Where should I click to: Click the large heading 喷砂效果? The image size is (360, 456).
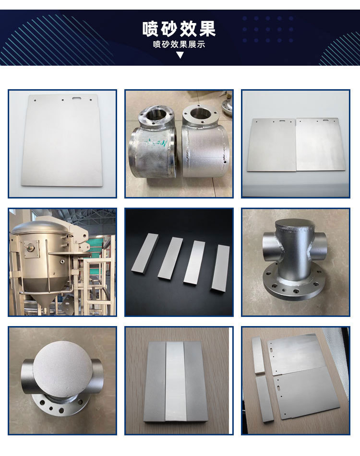pyautogui.click(x=179, y=29)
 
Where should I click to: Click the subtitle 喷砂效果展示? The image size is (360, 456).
pyautogui.click(x=179, y=45)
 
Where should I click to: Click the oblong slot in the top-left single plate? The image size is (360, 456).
pyautogui.click(x=77, y=99)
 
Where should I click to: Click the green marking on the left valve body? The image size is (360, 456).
pyautogui.click(x=156, y=142)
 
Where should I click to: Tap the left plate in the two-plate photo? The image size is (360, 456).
pyautogui.click(x=271, y=145)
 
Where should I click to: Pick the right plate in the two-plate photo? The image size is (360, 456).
pyautogui.click(x=321, y=144)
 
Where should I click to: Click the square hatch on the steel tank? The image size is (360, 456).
pyautogui.click(x=31, y=249)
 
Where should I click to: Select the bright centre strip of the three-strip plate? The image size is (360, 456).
pyautogui.click(x=176, y=381)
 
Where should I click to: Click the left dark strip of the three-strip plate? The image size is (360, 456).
pyautogui.click(x=156, y=381)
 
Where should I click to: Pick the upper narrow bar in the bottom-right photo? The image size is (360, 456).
pyautogui.click(x=258, y=355)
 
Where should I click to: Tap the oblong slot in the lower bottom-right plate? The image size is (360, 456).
pyautogui.click(x=278, y=388)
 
